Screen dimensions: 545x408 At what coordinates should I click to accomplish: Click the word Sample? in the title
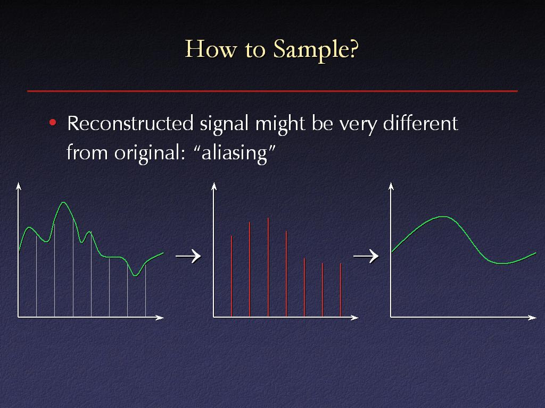tap(316, 50)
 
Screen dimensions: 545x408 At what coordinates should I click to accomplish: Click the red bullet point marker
tap(53, 122)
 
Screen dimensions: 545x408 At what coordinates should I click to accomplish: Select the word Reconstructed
tap(130, 123)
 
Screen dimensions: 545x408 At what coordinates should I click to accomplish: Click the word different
tap(420, 123)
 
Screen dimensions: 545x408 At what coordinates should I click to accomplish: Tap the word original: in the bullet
tap(150, 152)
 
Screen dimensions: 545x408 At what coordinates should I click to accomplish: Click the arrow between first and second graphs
tap(188, 256)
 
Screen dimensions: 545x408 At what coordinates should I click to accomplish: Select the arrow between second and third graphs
tap(366, 256)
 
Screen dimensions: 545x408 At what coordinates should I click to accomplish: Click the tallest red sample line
tap(268, 267)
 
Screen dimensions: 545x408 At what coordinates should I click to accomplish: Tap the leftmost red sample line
tap(232, 276)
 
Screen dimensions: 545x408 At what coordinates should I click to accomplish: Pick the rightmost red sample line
tap(341, 290)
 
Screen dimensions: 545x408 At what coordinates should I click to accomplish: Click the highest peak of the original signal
tap(63, 202)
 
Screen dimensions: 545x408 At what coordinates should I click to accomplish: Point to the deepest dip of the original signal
tap(135, 276)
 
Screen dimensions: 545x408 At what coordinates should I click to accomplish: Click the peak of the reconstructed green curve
tap(443, 217)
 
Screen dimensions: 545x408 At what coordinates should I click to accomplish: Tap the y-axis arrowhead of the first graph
tap(19, 186)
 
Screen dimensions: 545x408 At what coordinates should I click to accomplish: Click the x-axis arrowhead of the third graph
tap(532, 318)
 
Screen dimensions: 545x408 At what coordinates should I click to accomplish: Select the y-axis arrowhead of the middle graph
tap(214, 186)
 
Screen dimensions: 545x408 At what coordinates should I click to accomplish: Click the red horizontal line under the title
tap(272, 91)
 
